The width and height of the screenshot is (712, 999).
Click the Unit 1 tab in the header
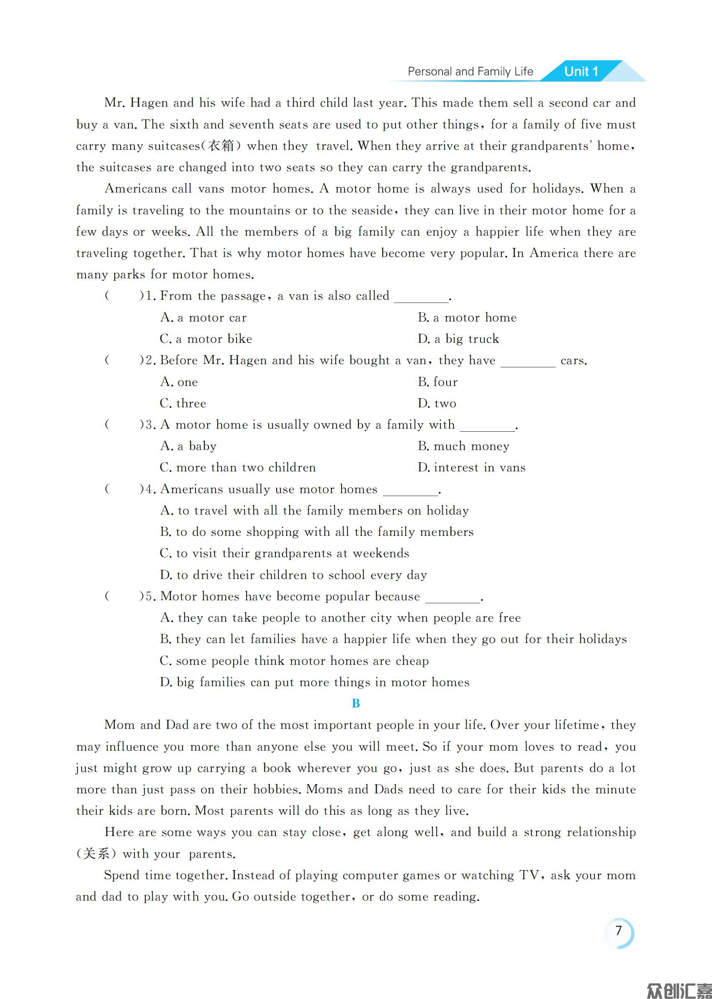(581, 72)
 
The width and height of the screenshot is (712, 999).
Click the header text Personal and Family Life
(470, 72)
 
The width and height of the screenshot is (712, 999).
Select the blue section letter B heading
(355, 703)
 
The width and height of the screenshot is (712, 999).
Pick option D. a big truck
(458, 339)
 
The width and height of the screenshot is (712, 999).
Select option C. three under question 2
(183, 404)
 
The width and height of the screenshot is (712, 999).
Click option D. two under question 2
(437, 404)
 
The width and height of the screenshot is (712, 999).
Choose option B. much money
(463, 446)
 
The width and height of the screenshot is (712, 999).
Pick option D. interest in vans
(471, 468)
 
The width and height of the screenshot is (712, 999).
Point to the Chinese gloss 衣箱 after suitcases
(221, 146)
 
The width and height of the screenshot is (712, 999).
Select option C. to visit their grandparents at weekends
(284, 554)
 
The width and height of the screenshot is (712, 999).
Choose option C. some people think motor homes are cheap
(294, 661)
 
